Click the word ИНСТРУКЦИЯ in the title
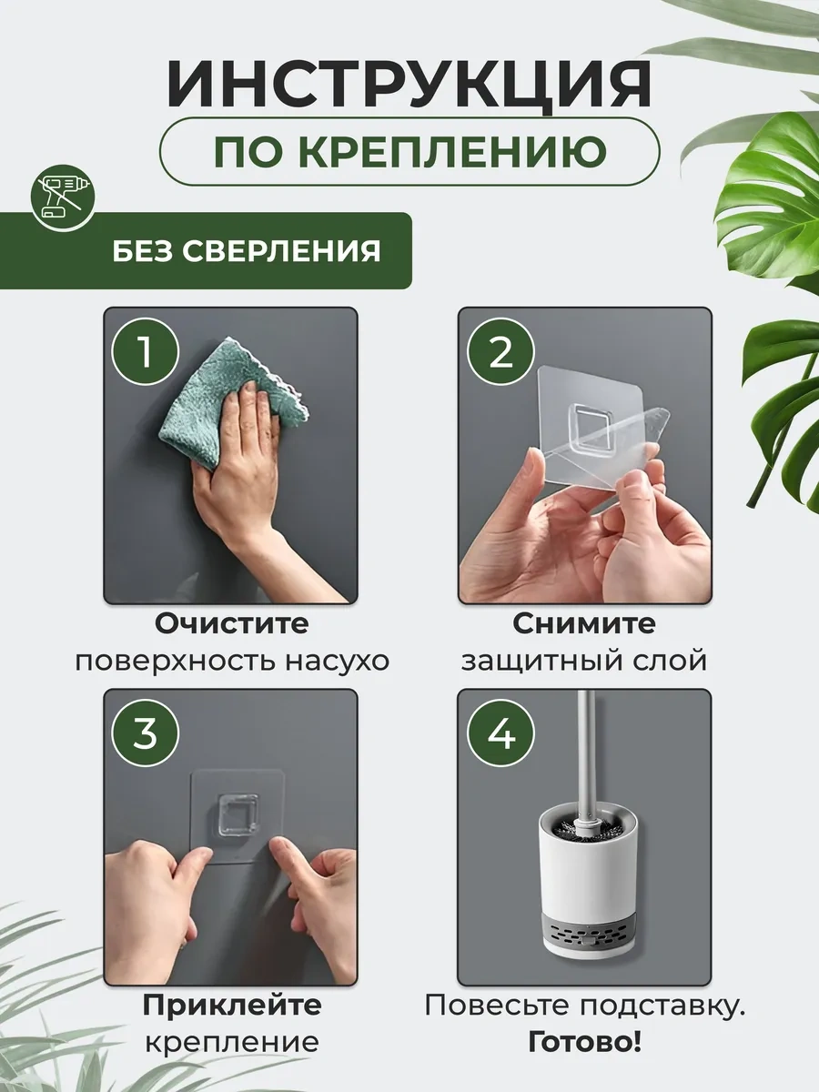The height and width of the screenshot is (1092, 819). (409, 86)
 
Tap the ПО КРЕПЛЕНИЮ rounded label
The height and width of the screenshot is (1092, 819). (409, 152)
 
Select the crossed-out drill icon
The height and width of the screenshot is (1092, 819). (61, 196)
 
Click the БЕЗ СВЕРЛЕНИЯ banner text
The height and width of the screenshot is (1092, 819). (247, 250)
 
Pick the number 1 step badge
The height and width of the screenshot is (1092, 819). (146, 352)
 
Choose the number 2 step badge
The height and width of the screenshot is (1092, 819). (500, 352)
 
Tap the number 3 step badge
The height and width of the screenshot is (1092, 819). (146, 733)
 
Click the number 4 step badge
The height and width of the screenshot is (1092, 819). (500, 733)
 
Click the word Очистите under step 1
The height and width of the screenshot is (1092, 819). (231, 624)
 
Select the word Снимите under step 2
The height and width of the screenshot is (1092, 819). (583, 624)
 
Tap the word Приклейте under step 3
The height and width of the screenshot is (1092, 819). (231, 1005)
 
